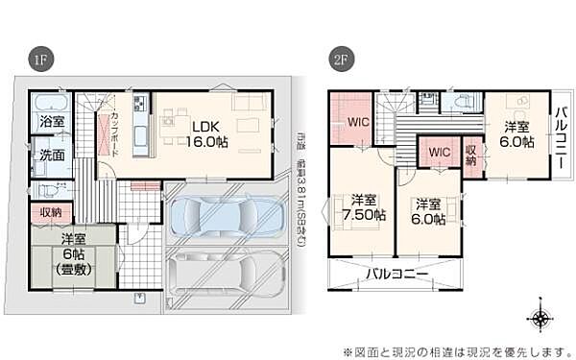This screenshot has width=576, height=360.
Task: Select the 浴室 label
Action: click(x=51, y=123)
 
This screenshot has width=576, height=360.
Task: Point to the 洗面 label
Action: click(x=51, y=154)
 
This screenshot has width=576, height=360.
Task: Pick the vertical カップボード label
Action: click(x=114, y=130)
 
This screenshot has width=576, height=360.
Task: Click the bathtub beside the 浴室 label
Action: click(x=46, y=102)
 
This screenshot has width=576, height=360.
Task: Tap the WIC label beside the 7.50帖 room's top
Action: click(x=358, y=122)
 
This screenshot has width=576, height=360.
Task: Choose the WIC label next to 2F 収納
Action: click(x=441, y=152)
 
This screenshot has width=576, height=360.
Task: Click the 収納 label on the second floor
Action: click(x=471, y=154)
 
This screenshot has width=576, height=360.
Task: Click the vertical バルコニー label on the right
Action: click(x=563, y=135)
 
